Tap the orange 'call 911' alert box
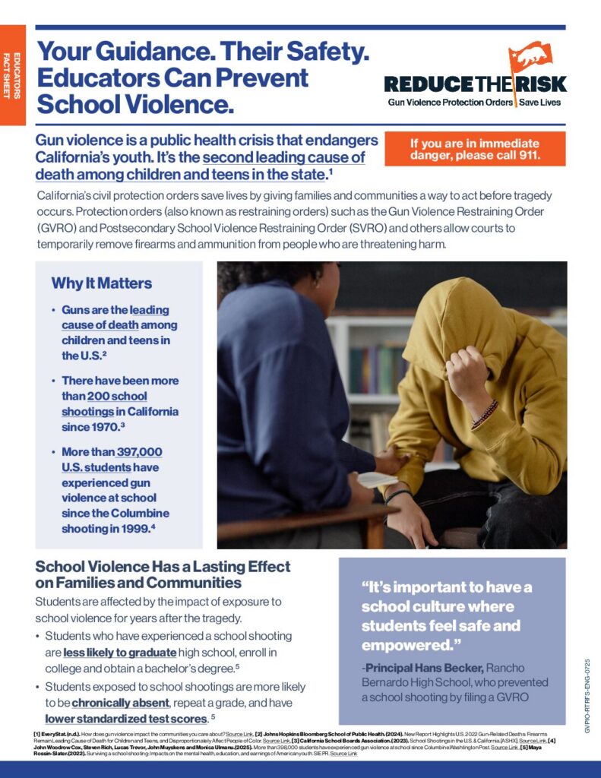click(x=475, y=149)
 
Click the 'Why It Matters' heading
click(x=101, y=283)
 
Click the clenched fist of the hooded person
click(x=467, y=373)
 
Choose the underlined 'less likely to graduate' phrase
click(x=120, y=653)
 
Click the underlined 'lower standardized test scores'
click(x=125, y=718)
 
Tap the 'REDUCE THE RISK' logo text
click(x=475, y=84)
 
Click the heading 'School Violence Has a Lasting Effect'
click(x=163, y=567)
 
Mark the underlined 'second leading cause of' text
click(x=284, y=158)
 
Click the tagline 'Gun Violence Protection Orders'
click(x=450, y=102)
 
